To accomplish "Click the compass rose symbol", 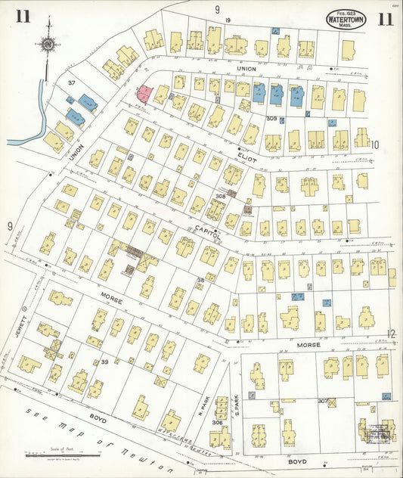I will tap(48, 44).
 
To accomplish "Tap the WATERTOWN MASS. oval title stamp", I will tap(346, 19).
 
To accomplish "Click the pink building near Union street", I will tap(144, 94).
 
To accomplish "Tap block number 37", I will tap(72, 82).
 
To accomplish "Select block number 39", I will tap(105, 362).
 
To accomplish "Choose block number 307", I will tap(323, 401).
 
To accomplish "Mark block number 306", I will tap(218, 423).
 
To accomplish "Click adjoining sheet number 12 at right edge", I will tap(391, 334).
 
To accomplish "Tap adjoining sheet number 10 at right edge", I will tap(375, 144).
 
